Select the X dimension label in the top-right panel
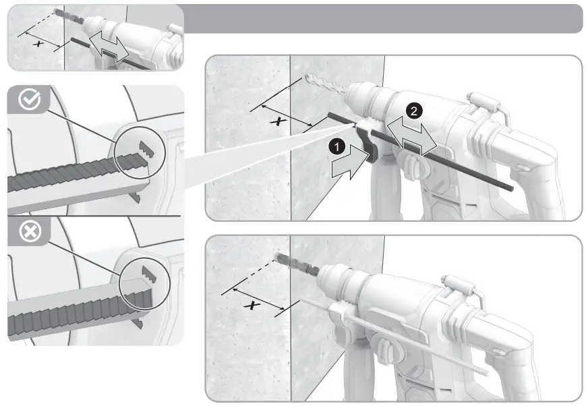(x=276, y=121)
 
